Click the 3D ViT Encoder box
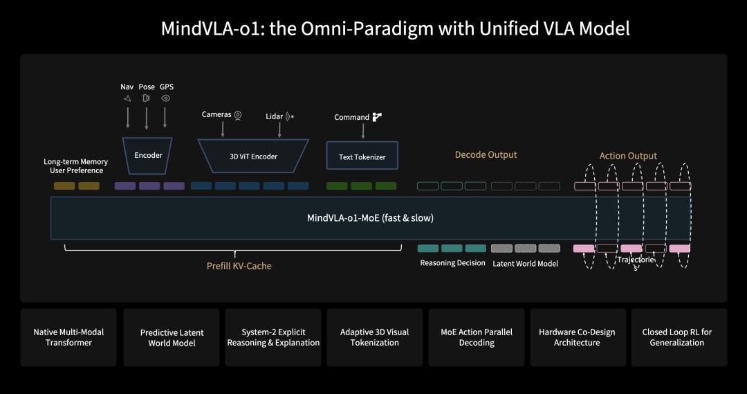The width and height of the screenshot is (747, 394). pyautogui.click(x=253, y=156)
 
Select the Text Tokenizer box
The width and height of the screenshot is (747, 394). pyautogui.click(x=362, y=156)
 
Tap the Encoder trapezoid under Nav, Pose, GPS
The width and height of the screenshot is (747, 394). pyautogui.click(x=148, y=155)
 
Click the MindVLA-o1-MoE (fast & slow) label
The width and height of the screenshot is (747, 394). pyautogui.click(x=370, y=217)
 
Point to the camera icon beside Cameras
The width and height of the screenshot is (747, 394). pyautogui.click(x=238, y=114)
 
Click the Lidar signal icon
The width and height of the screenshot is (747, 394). pyautogui.click(x=290, y=116)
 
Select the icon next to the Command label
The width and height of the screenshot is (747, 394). pyautogui.click(x=377, y=117)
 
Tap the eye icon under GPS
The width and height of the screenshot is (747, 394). pyautogui.click(x=165, y=98)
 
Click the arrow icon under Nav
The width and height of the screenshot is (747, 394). pyautogui.click(x=127, y=98)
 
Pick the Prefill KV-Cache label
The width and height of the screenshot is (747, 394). pyautogui.click(x=239, y=266)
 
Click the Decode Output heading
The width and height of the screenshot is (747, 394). pyautogui.click(x=486, y=154)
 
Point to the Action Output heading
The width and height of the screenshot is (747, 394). pyautogui.click(x=628, y=156)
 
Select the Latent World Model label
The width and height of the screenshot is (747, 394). pyautogui.click(x=525, y=263)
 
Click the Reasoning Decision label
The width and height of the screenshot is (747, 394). pyautogui.click(x=452, y=263)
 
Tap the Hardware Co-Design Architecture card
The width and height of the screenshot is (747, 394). pyautogui.click(x=576, y=337)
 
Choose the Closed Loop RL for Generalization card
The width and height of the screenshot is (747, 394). pyautogui.click(x=676, y=337)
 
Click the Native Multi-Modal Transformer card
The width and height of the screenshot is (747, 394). pyautogui.click(x=68, y=337)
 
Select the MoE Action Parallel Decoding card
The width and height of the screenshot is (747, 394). pyautogui.click(x=477, y=337)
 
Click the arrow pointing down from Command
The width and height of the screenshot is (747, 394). pyautogui.click(x=362, y=131)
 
